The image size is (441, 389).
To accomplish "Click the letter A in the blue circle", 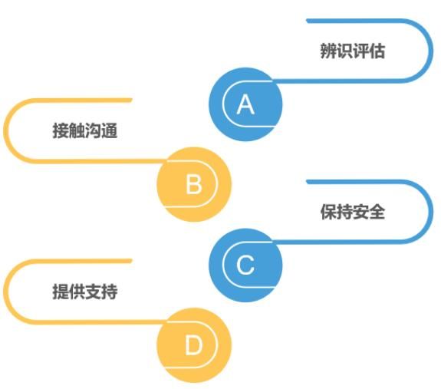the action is click(245, 104).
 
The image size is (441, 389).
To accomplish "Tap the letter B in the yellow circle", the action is click(194, 184).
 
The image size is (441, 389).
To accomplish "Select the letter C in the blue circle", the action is click(245, 265).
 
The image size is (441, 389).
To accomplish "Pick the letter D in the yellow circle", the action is click(193, 345).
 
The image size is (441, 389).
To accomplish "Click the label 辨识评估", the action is click(352, 51).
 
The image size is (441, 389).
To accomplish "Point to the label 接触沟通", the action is click(84, 130).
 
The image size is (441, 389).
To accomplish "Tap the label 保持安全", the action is click(352, 212).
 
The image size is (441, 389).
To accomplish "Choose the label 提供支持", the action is click(84, 292).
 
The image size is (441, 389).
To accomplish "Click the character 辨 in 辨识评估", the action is click(328, 51).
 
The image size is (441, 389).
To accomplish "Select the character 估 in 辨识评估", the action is click(377, 51).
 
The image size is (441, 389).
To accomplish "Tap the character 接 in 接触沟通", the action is click(61, 130).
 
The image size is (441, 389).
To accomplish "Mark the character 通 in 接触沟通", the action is click(109, 130).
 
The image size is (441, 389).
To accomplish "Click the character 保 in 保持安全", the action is click(328, 212).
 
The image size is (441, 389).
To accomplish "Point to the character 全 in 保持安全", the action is click(377, 212).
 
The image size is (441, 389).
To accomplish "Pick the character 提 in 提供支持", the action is click(61, 292).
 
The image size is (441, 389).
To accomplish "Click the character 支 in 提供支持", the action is click(93, 292).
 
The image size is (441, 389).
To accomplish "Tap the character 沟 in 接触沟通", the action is click(93, 130).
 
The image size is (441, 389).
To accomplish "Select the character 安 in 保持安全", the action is click(360, 212).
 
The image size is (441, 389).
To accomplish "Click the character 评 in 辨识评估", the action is click(360, 51).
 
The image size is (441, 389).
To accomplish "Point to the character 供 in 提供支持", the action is click(77, 292).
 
